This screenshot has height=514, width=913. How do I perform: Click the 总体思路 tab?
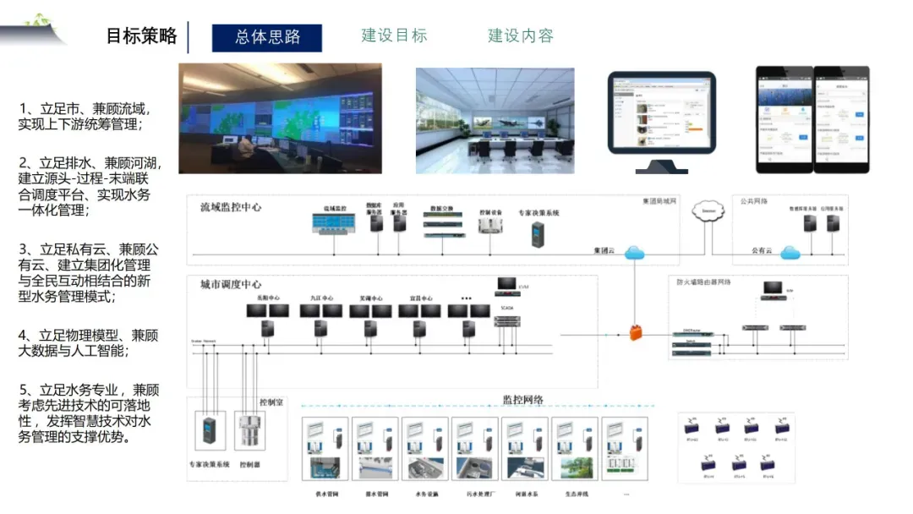click(x=267, y=37)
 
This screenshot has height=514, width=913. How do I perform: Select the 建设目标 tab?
click(x=394, y=36)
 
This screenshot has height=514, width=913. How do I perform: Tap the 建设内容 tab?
click(x=521, y=36)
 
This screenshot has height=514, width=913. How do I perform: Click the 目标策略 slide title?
click(x=141, y=36)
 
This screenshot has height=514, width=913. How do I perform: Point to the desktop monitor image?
click(x=661, y=118)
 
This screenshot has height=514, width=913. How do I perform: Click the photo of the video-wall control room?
click(x=280, y=118)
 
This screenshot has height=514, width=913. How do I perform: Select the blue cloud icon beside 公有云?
click(x=790, y=252)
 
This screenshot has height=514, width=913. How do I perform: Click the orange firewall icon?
click(x=635, y=331)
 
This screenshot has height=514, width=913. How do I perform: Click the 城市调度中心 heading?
click(x=231, y=284)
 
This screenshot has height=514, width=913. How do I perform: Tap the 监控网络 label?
click(x=523, y=400)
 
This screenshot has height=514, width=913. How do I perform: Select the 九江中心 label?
click(x=321, y=298)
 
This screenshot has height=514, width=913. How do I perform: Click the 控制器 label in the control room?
click(x=249, y=464)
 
